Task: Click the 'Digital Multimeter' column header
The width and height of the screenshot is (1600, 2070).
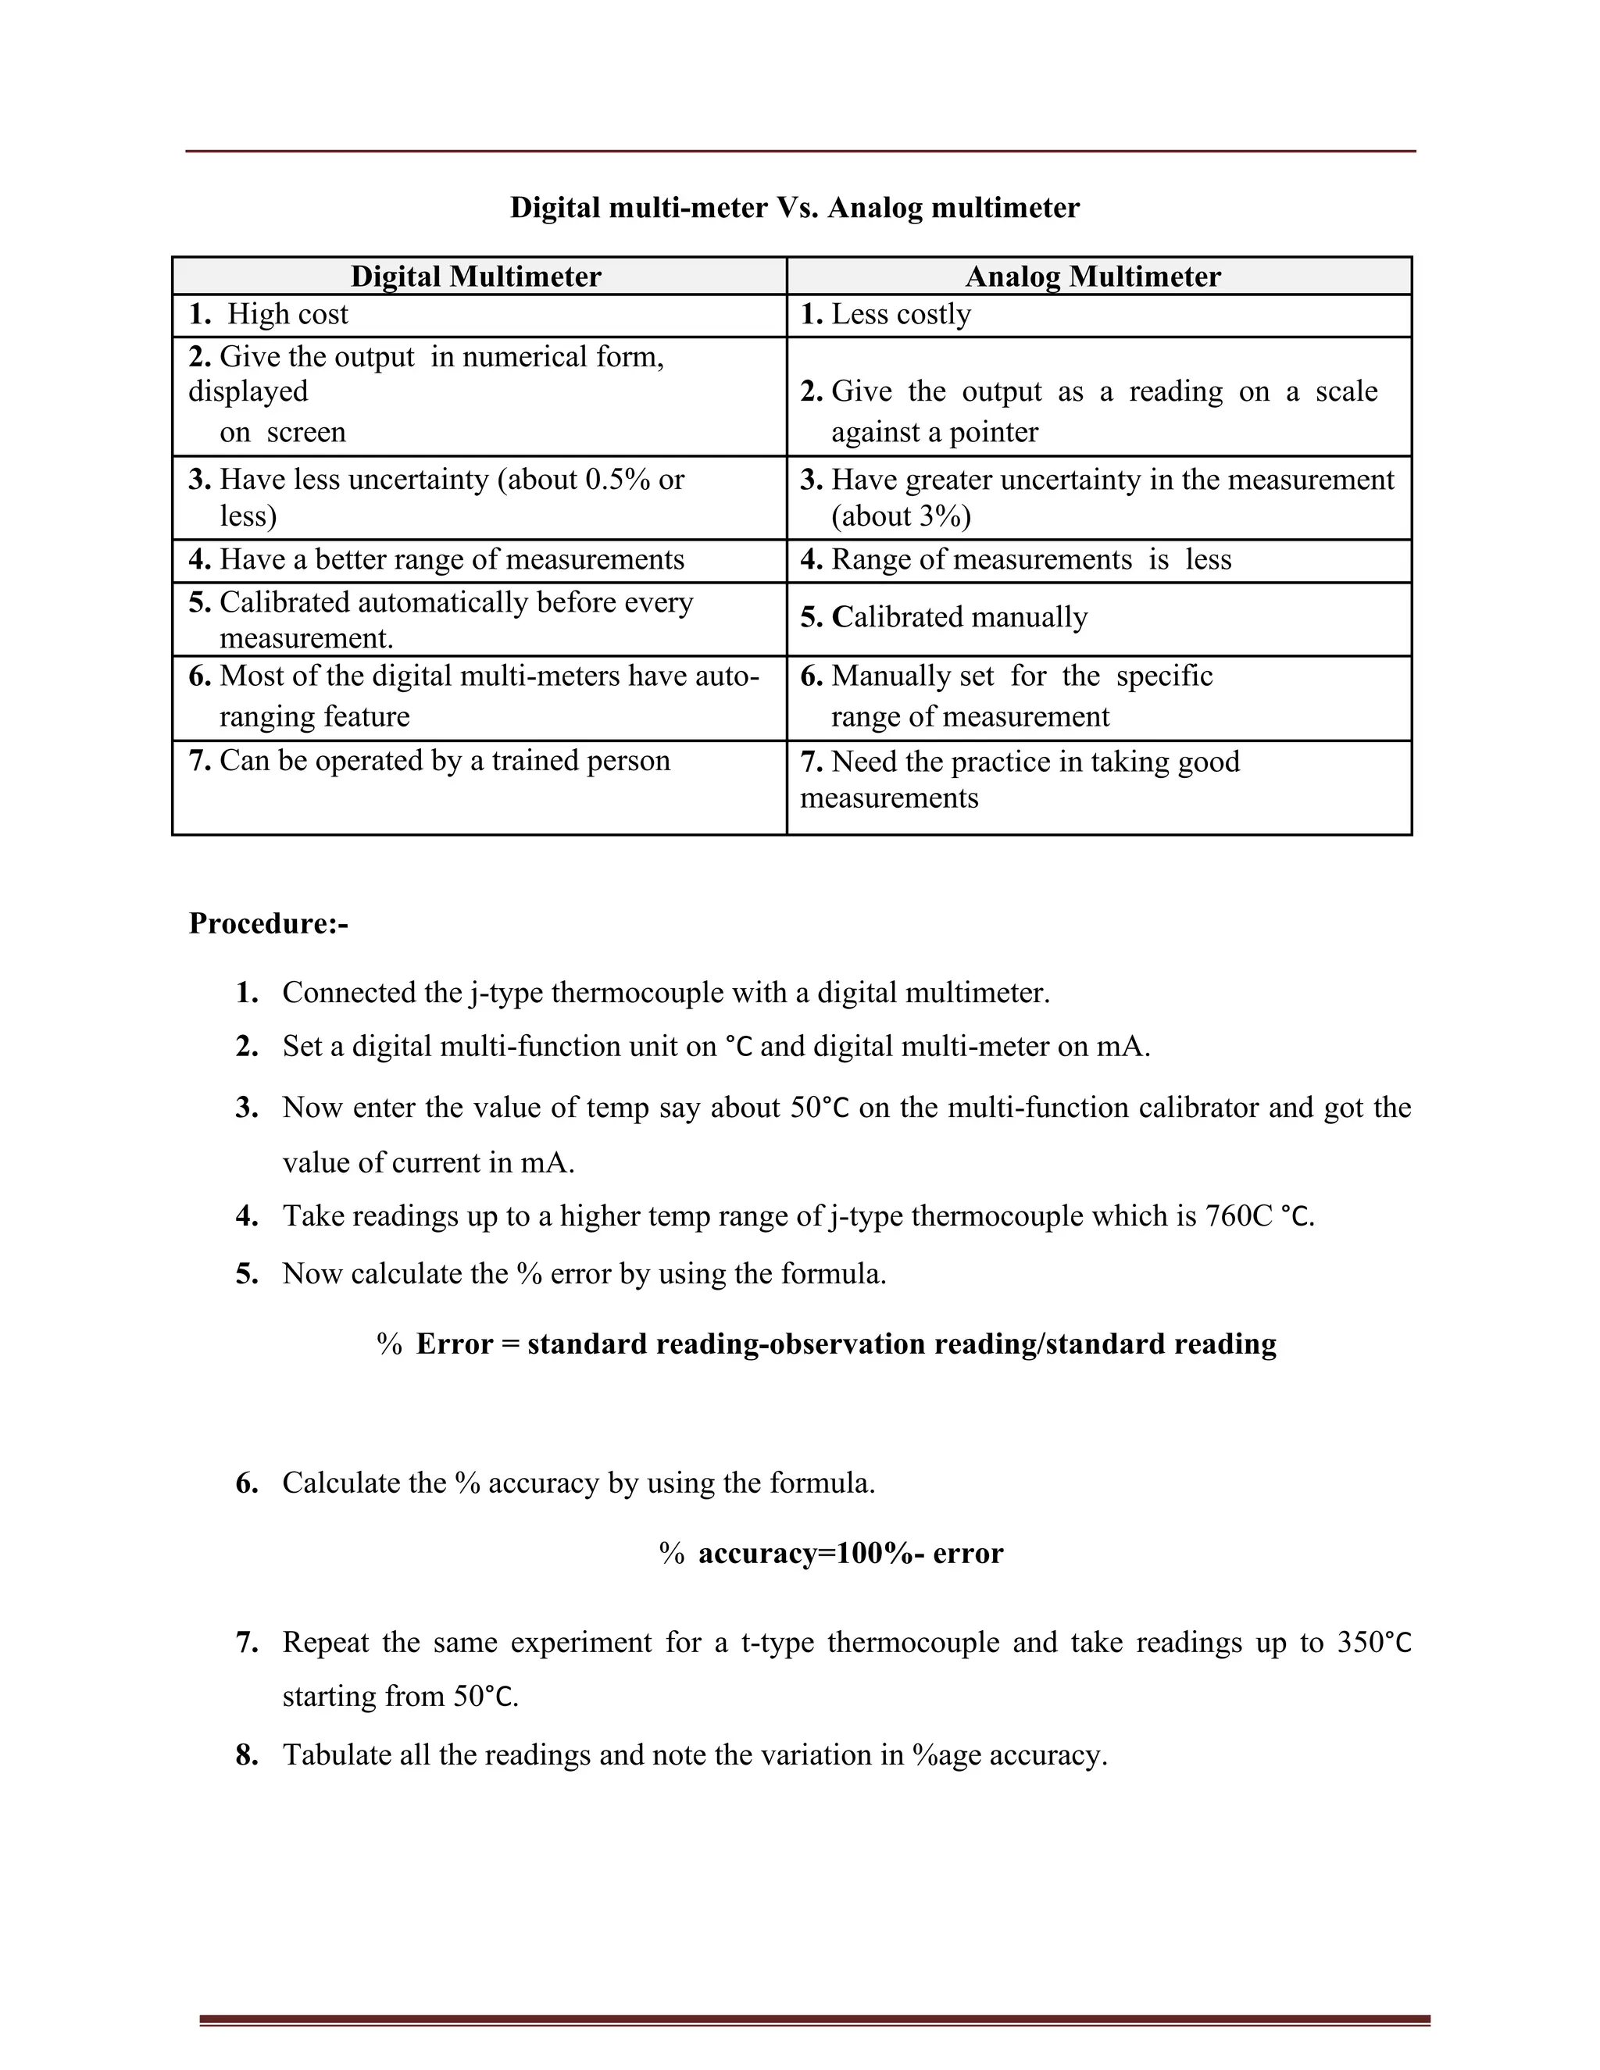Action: tap(476, 277)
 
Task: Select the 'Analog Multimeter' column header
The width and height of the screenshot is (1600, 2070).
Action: tap(1093, 277)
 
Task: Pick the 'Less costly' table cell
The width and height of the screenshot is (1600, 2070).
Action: tap(901, 315)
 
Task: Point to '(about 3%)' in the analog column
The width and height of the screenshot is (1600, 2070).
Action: tap(901, 516)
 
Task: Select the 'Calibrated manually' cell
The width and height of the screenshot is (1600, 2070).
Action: tap(959, 617)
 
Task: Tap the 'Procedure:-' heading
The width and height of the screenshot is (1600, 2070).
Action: tap(268, 923)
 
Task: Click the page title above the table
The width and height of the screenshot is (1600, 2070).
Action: tap(795, 208)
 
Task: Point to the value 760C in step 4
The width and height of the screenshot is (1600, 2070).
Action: tap(1239, 1216)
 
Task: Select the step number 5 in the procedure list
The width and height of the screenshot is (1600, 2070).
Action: tap(246, 1274)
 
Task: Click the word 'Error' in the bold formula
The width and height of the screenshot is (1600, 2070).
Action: tap(454, 1344)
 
